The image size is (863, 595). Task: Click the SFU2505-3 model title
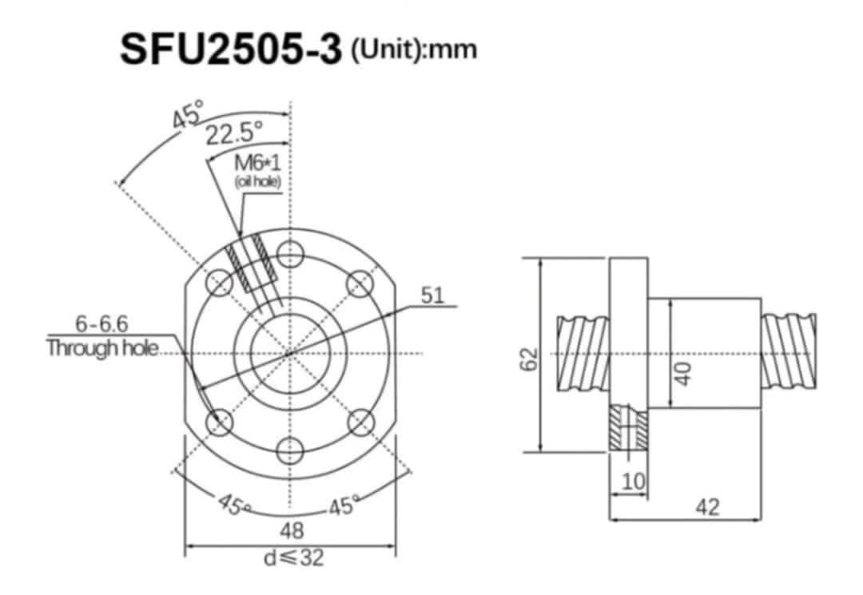click(x=231, y=50)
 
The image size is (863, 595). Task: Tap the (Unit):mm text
click(x=413, y=50)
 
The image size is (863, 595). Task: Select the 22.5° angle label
click(x=234, y=133)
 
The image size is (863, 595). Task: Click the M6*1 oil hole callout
click(x=257, y=171)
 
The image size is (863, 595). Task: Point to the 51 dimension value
click(x=432, y=296)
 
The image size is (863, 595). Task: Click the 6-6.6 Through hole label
click(x=102, y=336)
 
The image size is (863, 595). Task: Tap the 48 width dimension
click(x=291, y=530)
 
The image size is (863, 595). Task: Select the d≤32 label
click(x=293, y=557)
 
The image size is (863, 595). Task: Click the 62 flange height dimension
click(x=528, y=359)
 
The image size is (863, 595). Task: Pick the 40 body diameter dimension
click(x=682, y=374)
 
